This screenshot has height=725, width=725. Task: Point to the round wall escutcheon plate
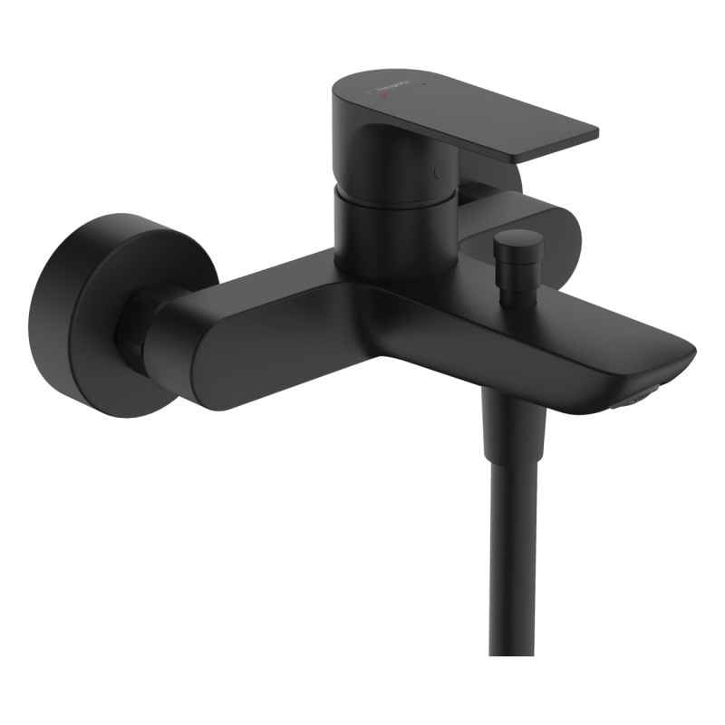click(x=77, y=313)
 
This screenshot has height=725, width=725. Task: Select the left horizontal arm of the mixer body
click(x=254, y=335)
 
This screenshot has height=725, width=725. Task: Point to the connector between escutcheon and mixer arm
click(x=136, y=326)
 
